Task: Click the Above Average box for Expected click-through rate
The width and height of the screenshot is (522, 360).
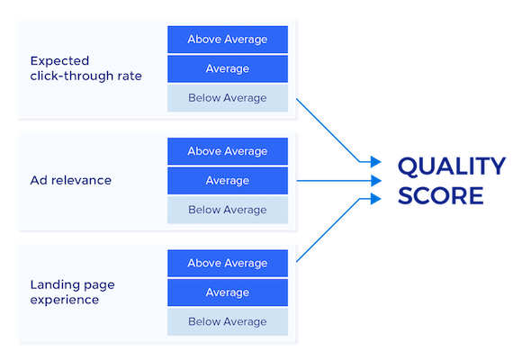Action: pos(227,40)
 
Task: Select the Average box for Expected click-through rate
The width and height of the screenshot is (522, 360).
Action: pos(227,68)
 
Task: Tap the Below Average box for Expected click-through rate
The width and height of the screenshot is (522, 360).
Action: pos(227,97)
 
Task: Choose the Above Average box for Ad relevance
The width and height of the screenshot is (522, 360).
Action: pos(227,151)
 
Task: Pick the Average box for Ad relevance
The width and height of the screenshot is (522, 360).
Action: pos(227,180)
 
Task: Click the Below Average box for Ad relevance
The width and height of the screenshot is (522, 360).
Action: pos(227,210)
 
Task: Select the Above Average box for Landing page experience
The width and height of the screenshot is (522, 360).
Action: pos(227,263)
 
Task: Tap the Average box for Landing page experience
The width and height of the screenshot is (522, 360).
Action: pos(227,292)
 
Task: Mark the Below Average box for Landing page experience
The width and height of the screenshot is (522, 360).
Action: pos(227,321)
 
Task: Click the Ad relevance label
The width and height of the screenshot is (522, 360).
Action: pos(71,180)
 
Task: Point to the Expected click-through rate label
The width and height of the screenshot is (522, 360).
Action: pos(85,68)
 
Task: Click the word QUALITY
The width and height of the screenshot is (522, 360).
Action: pos(452,166)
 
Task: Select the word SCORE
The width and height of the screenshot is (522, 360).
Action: pos(441,195)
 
